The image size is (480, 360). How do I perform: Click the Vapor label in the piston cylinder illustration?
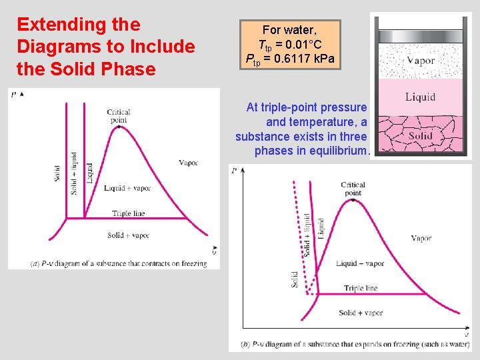click(420, 61)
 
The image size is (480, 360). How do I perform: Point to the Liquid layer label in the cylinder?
click(420, 97)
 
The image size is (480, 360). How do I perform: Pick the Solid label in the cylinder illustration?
click(420, 136)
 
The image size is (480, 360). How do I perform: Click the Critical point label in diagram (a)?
click(118, 115)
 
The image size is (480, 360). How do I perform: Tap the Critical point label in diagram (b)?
click(353, 189)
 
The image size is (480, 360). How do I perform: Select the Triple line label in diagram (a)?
click(128, 214)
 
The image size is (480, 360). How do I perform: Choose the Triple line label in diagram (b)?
click(361, 289)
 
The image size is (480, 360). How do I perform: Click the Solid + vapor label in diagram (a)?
click(128, 235)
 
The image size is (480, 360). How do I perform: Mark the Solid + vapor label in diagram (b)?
click(361, 313)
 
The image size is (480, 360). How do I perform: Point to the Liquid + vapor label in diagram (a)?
click(127, 188)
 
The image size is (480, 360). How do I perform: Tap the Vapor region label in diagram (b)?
click(421, 238)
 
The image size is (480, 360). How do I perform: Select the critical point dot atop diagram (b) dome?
click(353, 199)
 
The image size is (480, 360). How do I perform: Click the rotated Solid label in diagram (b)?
click(295, 279)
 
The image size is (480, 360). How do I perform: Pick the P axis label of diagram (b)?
click(234, 171)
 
